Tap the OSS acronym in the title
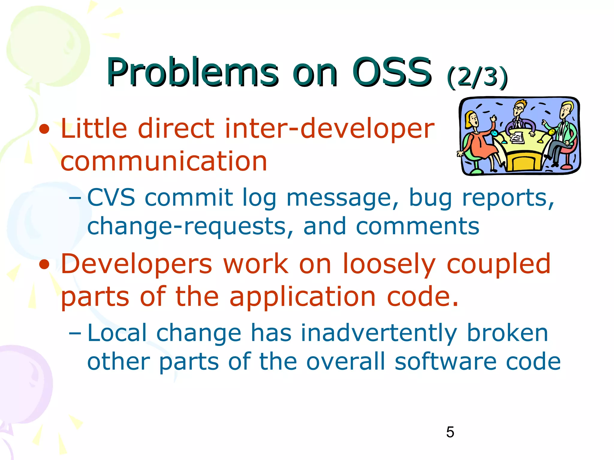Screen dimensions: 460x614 pyautogui.click(x=392, y=72)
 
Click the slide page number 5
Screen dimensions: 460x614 pyautogui.click(x=450, y=432)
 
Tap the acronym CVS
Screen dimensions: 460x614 pyautogui.click(x=111, y=198)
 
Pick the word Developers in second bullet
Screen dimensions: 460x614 pyautogui.click(x=136, y=264)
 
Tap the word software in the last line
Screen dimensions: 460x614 pyautogui.click(x=445, y=361)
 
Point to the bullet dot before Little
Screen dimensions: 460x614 pyautogui.click(x=44, y=129)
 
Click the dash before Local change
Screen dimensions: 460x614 pyautogui.click(x=75, y=333)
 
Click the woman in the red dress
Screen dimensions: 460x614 pyautogui.click(x=478, y=141)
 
